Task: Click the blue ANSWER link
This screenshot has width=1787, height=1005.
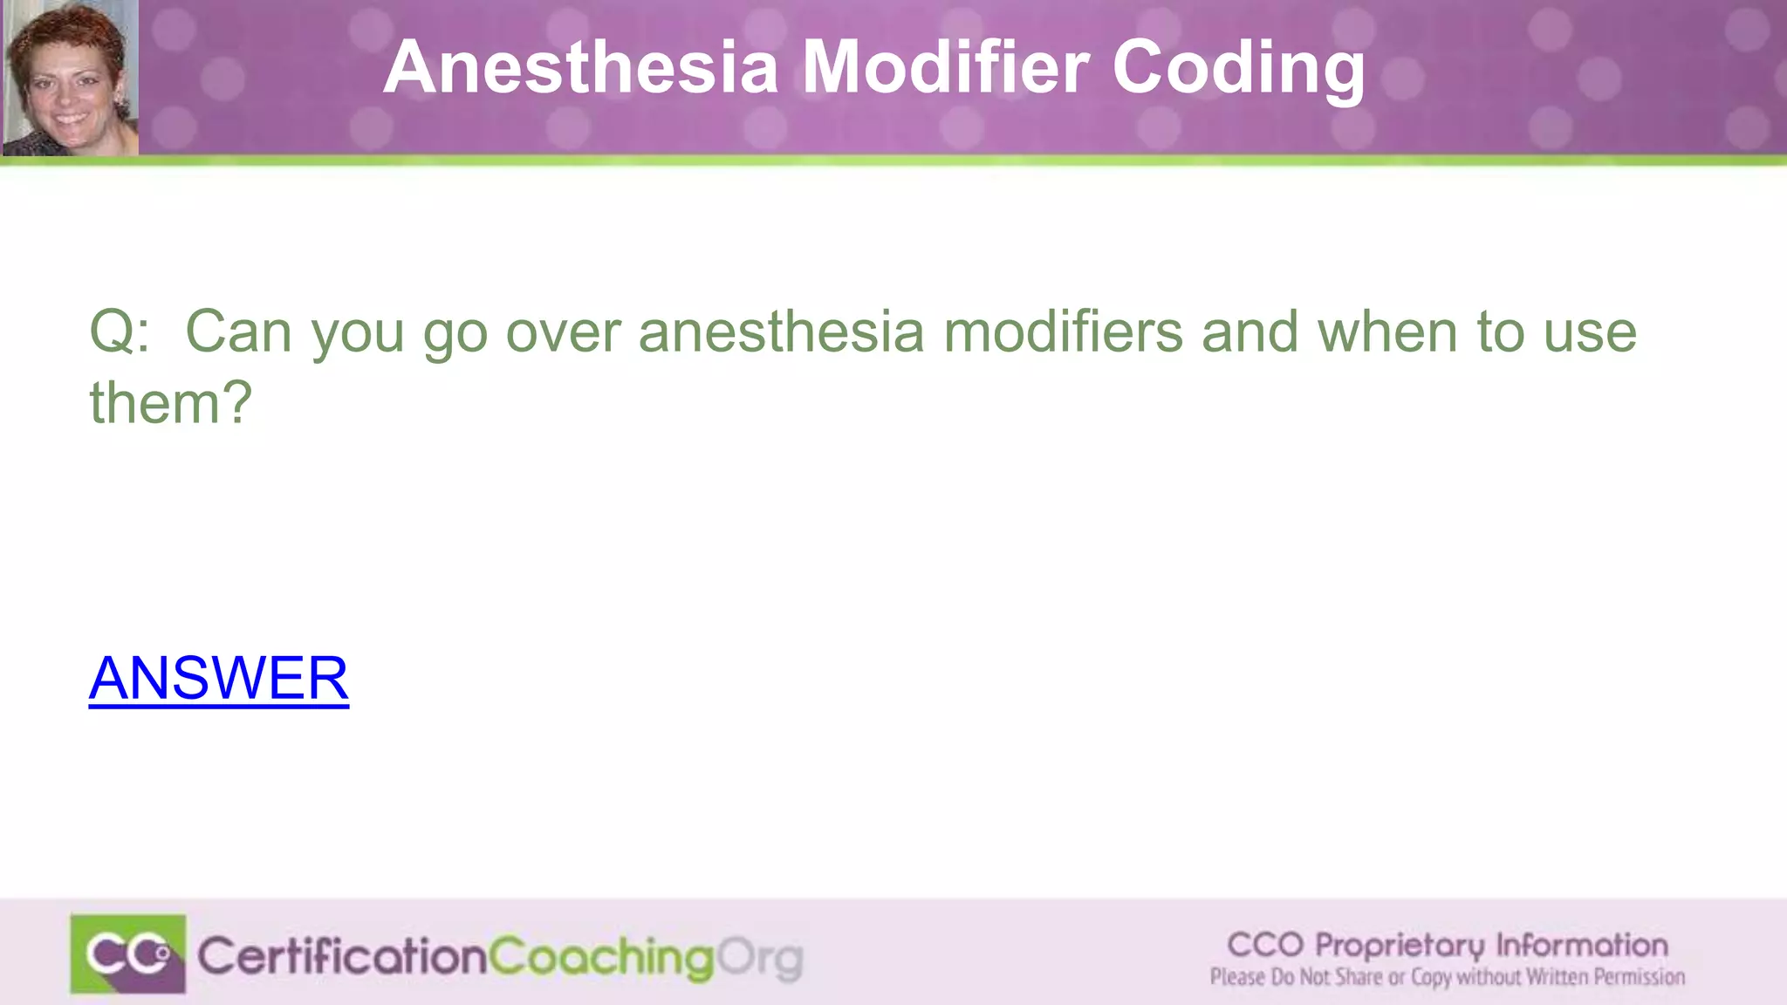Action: (219, 678)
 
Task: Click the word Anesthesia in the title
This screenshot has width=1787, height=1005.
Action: (580, 68)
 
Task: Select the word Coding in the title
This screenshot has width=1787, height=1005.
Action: (1239, 68)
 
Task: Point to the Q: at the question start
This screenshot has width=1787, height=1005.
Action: (120, 332)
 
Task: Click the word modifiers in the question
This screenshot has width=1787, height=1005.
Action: (1063, 332)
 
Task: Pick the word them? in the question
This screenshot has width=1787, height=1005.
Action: (171, 403)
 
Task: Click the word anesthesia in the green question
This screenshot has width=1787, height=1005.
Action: (781, 332)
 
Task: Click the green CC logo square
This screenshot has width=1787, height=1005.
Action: (128, 954)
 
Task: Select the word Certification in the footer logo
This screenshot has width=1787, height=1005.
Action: (342, 957)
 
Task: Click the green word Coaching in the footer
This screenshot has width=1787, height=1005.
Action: (601, 958)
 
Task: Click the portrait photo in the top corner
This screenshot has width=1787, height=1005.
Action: (70, 79)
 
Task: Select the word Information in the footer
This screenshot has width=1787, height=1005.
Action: (1582, 945)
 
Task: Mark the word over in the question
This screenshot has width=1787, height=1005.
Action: (563, 332)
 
